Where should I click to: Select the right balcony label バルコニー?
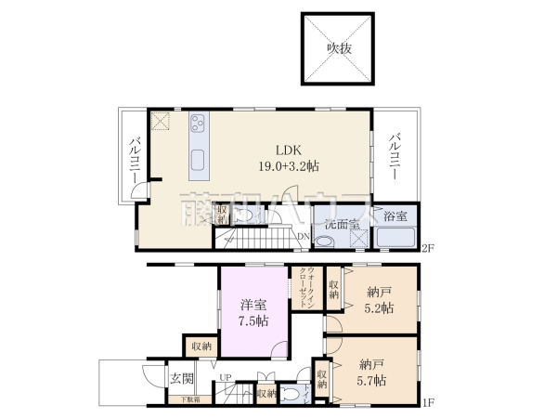pos(395,156)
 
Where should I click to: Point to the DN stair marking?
pos(303,236)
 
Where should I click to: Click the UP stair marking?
pos(225,378)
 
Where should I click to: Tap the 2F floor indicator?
pos(427,248)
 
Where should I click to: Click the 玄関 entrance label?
pos(181,379)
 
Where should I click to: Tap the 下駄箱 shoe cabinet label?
pos(188,398)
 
